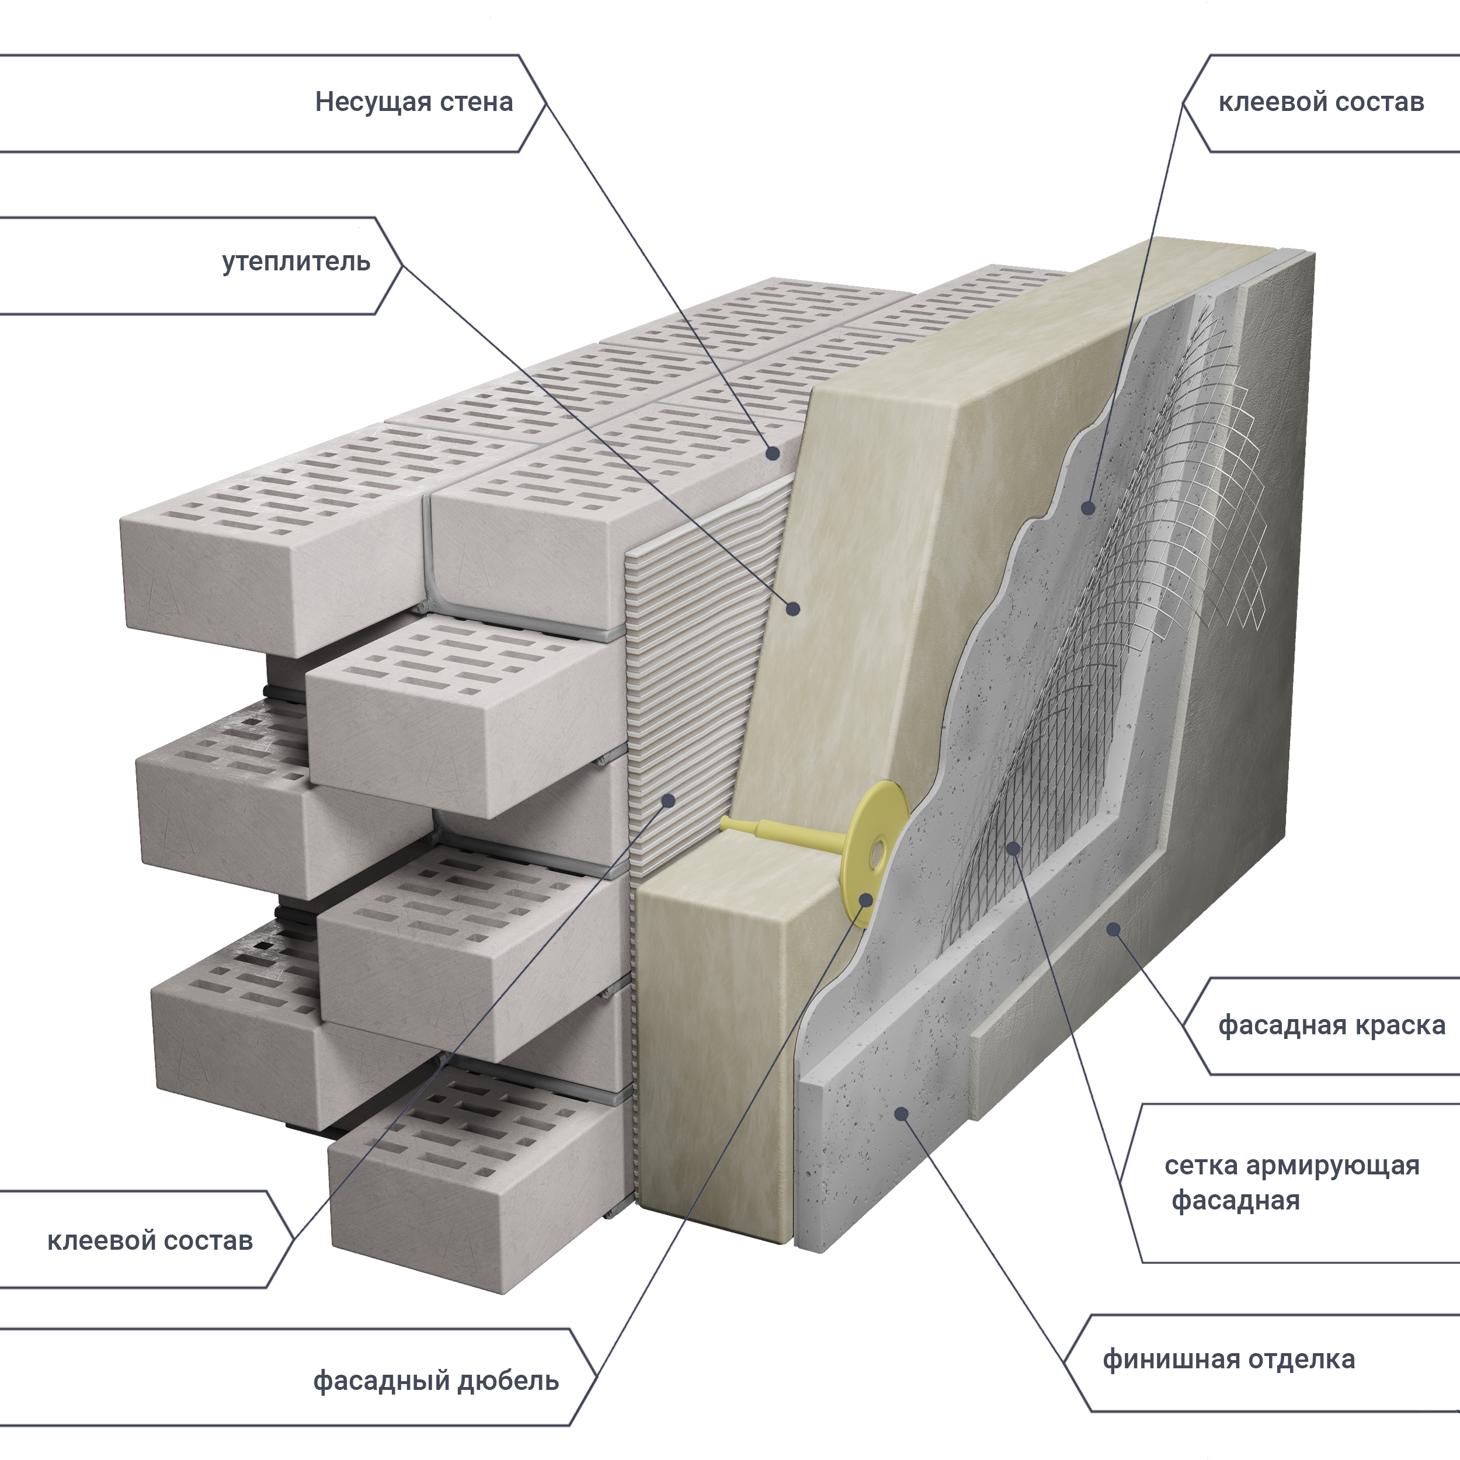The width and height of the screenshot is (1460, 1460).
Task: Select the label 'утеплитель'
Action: coord(296,262)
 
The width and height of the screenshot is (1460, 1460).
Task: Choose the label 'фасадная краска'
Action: coord(1331,1025)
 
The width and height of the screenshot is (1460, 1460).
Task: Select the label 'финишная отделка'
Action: coord(1228,1359)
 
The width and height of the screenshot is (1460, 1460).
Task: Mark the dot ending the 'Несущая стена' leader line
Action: coord(772,453)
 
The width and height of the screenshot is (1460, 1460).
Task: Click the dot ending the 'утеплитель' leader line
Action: coord(792,609)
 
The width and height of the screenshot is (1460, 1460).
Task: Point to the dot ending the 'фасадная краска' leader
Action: coord(1113,929)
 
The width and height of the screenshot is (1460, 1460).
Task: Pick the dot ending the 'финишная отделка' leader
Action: coord(901,1113)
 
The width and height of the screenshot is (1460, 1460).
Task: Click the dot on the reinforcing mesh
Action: coord(1013,849)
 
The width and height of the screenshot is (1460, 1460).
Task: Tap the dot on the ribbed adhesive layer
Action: coord(668,800)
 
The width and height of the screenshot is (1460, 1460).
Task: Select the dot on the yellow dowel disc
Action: coord(866,899)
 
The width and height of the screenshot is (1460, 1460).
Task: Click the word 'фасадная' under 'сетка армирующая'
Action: coord(1236,1200)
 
